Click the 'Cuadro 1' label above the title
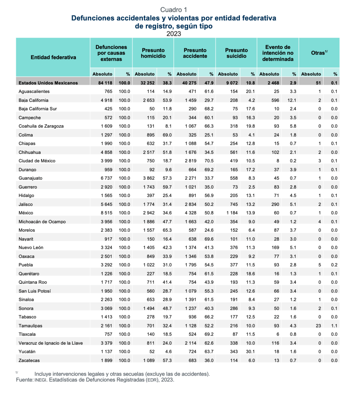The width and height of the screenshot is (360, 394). (x=174, y=10)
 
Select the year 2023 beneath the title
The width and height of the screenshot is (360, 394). (x=174, y=33)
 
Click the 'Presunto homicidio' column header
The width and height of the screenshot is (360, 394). (x=153, y=53)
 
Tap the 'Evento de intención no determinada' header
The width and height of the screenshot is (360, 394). (x=278, y=53)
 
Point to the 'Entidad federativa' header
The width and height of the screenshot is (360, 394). (x=53, y=57)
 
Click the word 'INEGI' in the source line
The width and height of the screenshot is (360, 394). (x=40, y=380)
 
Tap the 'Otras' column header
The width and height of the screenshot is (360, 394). (x=319, y=53)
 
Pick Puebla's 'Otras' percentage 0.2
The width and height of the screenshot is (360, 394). (x=334, y=265)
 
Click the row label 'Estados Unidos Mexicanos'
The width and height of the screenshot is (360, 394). (x=48, y=83)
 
